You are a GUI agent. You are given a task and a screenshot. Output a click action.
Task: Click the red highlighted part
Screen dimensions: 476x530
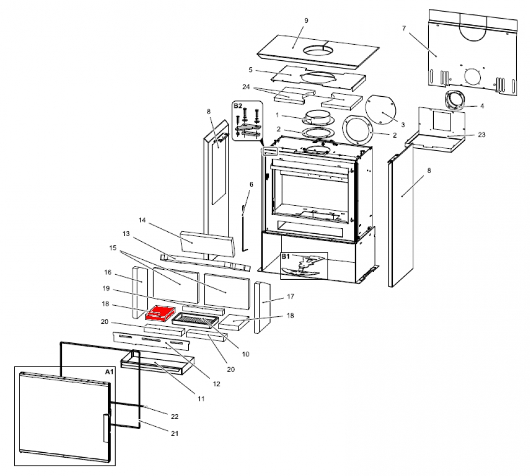160,313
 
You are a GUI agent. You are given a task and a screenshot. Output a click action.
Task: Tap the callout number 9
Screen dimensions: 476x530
306,20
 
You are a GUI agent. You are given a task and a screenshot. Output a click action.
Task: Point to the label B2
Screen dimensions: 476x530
238,105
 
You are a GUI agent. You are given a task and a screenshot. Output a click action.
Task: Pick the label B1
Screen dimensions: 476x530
285,257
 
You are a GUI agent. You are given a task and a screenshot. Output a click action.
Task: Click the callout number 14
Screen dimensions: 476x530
142,220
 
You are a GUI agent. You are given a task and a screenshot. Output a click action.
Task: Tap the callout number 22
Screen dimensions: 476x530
175,415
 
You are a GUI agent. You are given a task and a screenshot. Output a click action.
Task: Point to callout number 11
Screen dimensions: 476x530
201,398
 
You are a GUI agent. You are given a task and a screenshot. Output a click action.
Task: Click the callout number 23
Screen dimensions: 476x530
481,134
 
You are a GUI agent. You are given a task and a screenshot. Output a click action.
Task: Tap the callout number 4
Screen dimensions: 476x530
482,106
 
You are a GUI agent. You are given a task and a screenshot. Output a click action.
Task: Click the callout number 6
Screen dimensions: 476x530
251,184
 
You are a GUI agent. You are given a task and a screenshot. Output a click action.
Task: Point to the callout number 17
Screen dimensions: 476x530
289,297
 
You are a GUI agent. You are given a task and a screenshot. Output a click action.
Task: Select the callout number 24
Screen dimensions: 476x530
246,87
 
